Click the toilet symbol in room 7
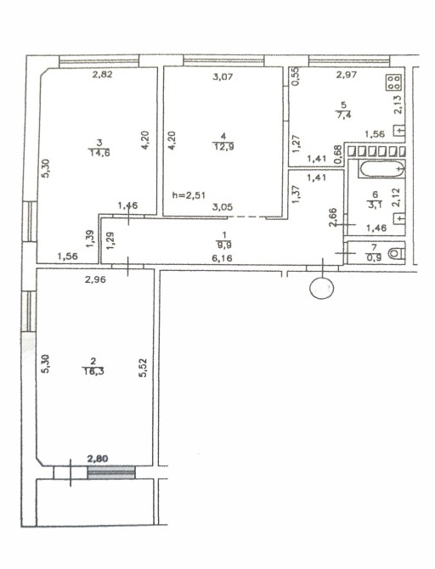(x=396, y=254)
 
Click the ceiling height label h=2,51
(x=189, y=195)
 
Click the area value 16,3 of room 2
(x=93, y=371)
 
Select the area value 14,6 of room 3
(x=99, y=152)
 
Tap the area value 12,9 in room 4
(x=223, y=146)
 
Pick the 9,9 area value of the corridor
(x=225, y=245)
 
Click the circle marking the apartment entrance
(x=321, y=288)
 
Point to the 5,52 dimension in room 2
(x=143, y=368)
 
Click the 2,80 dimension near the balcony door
(x=98, y=459)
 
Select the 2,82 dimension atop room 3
(x=103, y=75)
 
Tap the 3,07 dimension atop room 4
(x=223, y=77)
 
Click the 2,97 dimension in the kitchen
(x=347, y=75)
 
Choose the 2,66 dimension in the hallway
(x=334, y=217)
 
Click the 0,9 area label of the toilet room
(x=373, y=257)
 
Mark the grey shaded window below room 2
(x=111, y=472)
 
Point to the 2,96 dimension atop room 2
(x=95, y=279)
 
